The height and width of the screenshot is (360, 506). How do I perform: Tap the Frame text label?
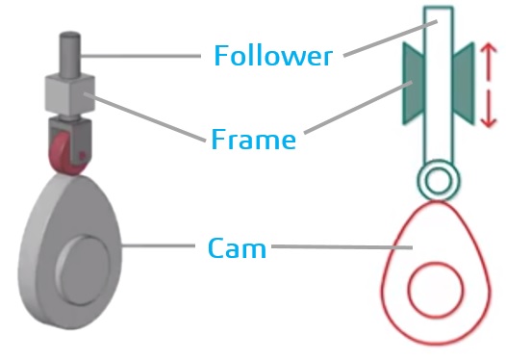point(253,140)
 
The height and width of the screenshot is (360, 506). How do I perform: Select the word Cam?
point(237,248)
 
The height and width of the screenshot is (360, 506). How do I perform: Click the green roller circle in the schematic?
point(438,179)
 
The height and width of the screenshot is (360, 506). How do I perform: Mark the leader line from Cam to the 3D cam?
point(164,247)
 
